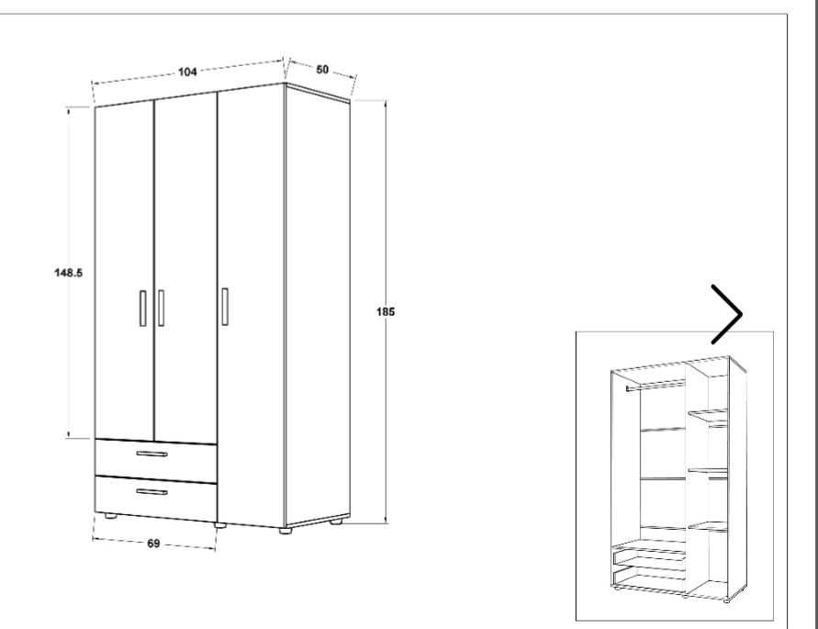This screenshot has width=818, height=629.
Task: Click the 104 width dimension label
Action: click(x=188, y=72)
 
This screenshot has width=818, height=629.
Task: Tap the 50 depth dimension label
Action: click(x=322, y=70)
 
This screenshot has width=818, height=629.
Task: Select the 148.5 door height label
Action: click(x=68, y=273)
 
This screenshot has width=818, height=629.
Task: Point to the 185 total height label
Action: click(x=386, y=311)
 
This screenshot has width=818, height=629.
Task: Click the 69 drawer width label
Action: click(x=152, y=544)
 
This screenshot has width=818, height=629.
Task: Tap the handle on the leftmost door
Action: click(x=143, y=308)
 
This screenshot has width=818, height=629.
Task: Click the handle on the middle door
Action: click(x=162, y=308)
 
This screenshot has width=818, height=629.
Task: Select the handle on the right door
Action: click(x=225, y=307)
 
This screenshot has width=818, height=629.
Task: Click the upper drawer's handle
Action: click(x=152, y=455)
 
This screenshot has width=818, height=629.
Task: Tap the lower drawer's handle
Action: click(x=152, y=491)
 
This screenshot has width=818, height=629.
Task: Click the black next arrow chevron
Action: click(x=727, y=314)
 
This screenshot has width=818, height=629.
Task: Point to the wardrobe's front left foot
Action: click(x=110, y=516)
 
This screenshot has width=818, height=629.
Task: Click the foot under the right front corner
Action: click(x=285, y=531)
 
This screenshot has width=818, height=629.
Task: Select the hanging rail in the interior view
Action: click(x=656, y=386)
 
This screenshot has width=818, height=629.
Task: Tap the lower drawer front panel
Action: click(x=156, y=498)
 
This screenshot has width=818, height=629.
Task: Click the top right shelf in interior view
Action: click(x=708, y=413)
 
